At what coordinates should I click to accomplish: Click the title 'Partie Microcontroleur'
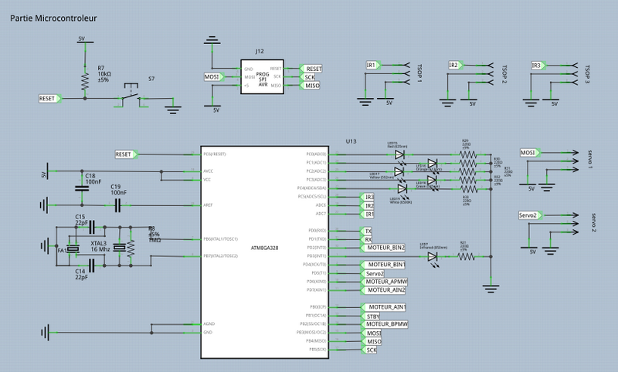53,16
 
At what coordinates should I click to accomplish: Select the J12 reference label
259,51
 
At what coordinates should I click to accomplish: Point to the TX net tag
369,231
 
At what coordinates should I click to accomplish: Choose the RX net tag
369,239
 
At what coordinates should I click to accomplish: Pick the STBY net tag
373,315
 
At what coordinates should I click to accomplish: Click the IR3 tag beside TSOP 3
536,66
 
